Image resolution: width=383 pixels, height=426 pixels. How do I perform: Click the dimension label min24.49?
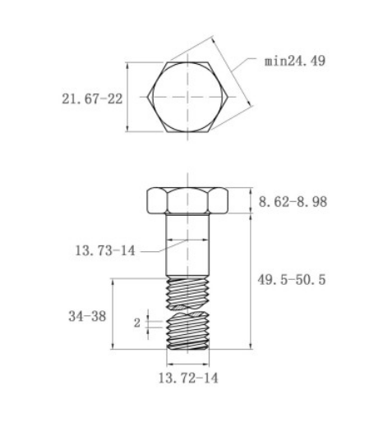click(295, 61)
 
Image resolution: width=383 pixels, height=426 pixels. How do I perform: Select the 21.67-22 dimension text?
click(90, 98)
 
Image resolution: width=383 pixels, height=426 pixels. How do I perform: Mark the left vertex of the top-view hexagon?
click(150, 96)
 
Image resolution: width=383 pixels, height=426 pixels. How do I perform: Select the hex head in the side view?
click(187, 201)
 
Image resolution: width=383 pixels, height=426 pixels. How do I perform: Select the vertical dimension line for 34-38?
click(113, 314)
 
